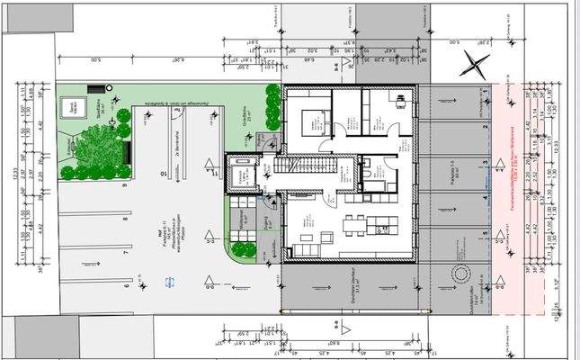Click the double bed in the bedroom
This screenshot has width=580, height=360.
310,120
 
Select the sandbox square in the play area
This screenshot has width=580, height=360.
69,106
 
